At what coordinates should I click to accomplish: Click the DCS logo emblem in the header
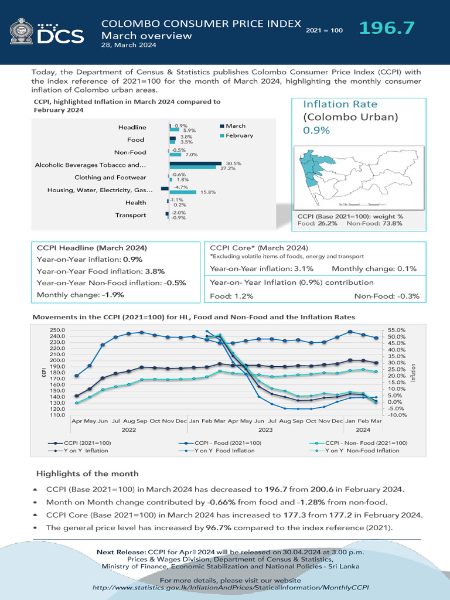coord(22,31)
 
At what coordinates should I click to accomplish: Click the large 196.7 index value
coord(387,28)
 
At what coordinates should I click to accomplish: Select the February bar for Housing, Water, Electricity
coord(183,192)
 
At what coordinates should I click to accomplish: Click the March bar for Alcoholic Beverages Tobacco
coord(195,163)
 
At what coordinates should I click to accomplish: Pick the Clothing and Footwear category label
coord(110,178)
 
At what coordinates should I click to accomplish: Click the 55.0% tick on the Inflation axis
coord(396,330)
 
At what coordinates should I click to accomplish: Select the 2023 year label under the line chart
coord(265,429)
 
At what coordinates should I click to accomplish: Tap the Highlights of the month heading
coord(87,473)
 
